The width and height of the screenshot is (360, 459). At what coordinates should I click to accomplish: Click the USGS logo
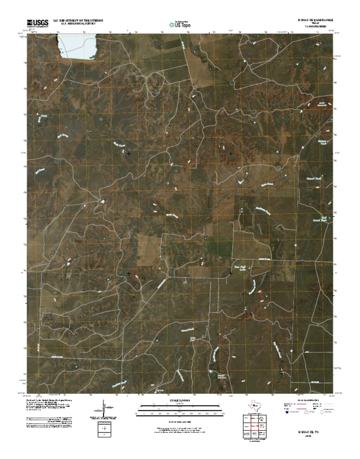37,22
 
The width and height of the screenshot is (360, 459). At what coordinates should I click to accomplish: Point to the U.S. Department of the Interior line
78,21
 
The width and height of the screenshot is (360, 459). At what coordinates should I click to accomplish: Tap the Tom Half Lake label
240,268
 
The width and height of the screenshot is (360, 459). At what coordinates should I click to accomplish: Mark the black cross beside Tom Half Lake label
231,273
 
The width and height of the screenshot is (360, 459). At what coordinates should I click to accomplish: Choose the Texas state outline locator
254,405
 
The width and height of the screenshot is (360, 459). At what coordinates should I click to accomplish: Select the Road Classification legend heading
307,400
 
